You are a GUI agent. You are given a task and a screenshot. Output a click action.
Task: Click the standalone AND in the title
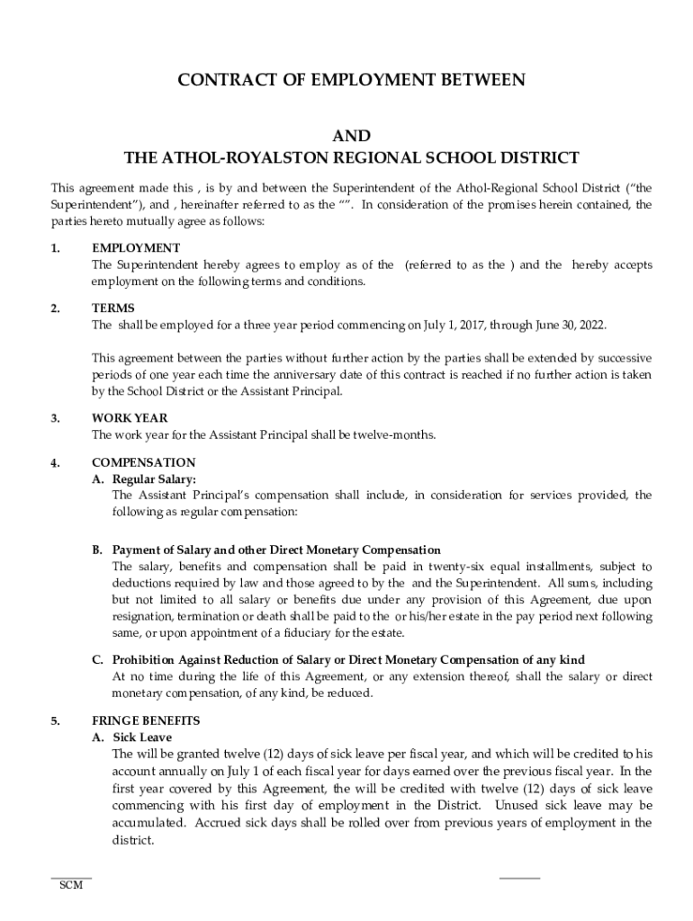tap(351, 136)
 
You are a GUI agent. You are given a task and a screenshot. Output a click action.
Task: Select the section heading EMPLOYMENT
tap(136, 248)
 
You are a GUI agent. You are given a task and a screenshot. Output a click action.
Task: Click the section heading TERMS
tap(112, 308)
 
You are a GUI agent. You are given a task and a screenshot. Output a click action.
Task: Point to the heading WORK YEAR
tap(130, 418)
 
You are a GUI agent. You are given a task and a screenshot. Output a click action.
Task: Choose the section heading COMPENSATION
tap(143, 463)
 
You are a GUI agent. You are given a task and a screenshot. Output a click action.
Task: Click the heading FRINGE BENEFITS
tap(146, 721)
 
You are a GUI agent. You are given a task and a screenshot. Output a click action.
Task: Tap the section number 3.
tap(55, 418)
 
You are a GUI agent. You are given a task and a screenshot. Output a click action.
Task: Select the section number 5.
tap(55, 721)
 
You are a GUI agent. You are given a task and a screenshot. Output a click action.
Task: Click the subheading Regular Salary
tap(154, 479)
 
